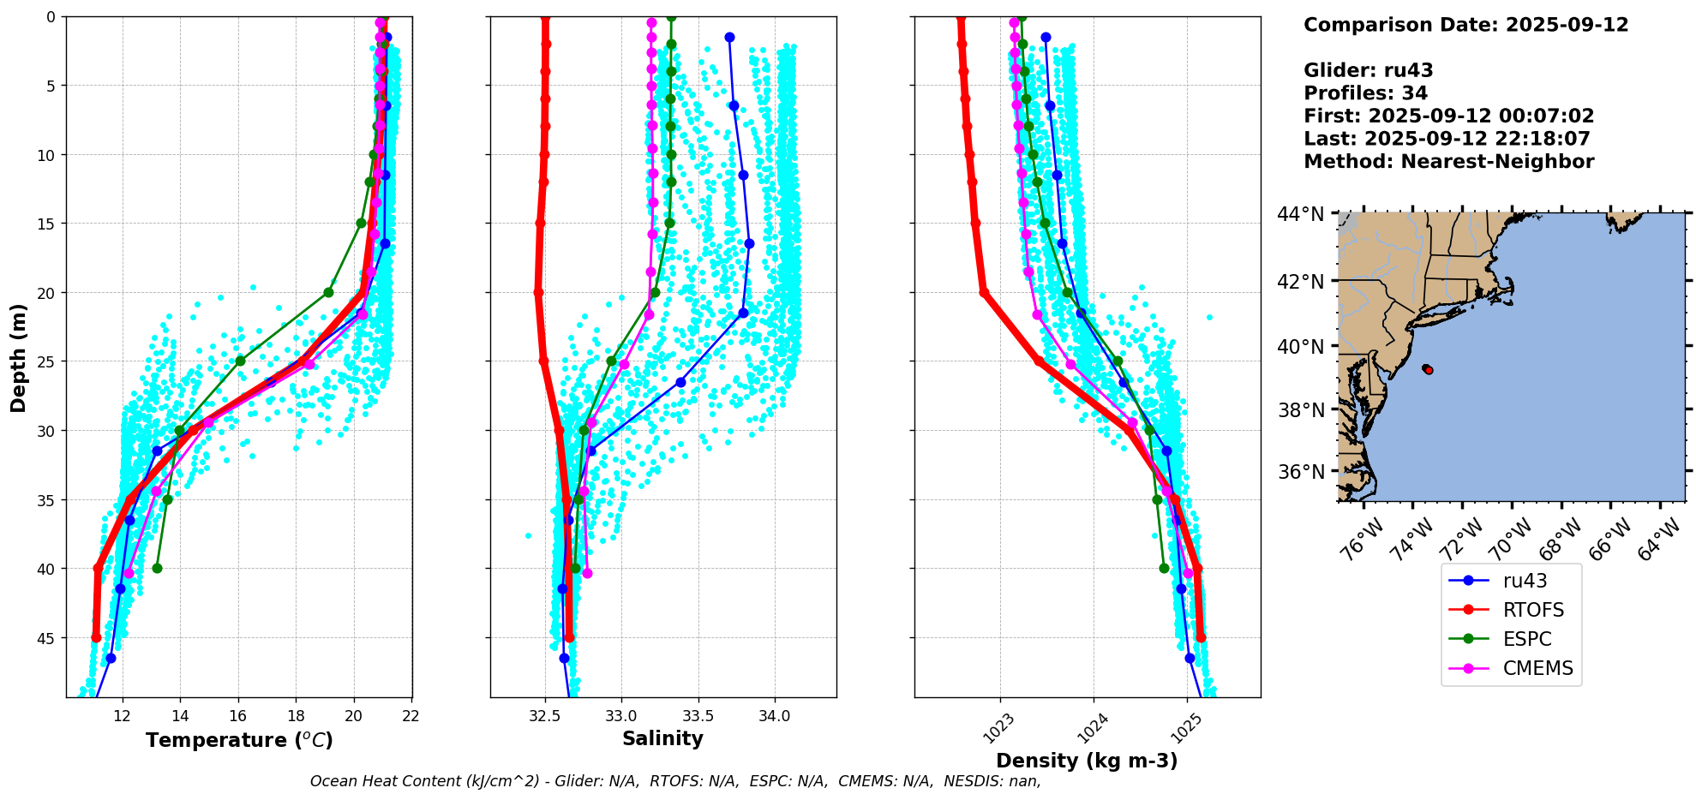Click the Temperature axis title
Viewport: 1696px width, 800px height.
coord(239,740)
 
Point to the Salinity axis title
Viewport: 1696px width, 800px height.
coord(662,738)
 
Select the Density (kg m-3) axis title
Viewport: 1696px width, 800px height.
coord(1087,761)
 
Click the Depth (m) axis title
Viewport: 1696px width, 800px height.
coord(18,357)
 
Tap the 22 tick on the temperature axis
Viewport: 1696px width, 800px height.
coord(411,716)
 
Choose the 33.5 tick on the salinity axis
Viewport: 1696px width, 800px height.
coord(698,716)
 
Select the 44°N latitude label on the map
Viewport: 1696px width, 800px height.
coord(1301,214)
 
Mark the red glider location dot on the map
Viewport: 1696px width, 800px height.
coord(1428,370)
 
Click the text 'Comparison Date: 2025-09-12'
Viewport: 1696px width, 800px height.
coord(1465,25)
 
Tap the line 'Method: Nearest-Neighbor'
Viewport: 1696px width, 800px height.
coord(1448,162)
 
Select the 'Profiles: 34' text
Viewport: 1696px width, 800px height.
coord(1365,93)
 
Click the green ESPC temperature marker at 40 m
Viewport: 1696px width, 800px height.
coord(157,568)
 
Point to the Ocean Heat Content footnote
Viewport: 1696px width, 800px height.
coord(675,781)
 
